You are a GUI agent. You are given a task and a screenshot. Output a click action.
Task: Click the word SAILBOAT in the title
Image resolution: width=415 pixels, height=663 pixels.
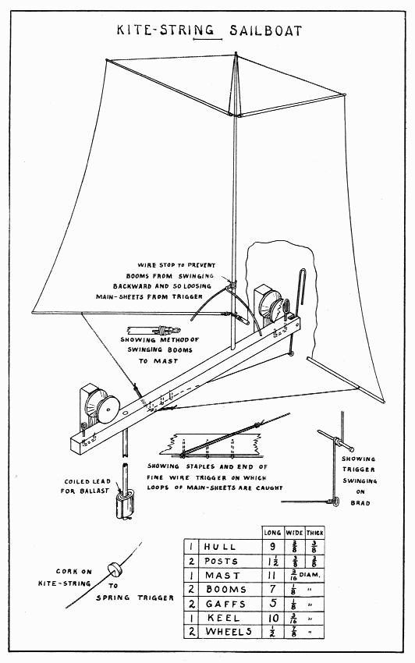coord(266,31)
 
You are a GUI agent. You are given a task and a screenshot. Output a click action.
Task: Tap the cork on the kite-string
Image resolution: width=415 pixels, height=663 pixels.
coord(114,567)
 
